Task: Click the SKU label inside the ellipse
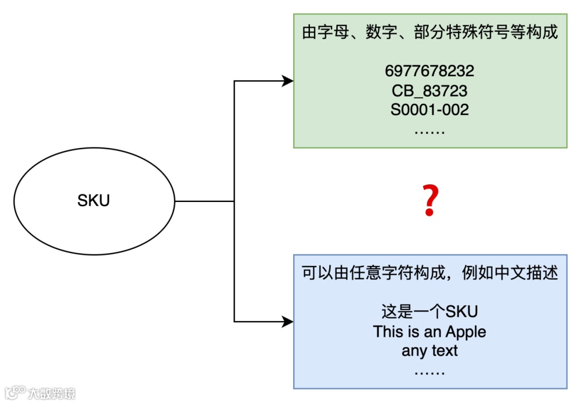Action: click(x=94, y=201)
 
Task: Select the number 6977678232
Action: click(x=430, y=71)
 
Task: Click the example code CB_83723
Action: click(x=430, y=90)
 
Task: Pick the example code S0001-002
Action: click(x=430, y=110)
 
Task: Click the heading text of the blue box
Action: click(x=430, y=273)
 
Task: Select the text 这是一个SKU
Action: click(x=430, y=312)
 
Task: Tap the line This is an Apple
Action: click(x=430, y=331)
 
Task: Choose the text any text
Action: click(x=430, y=351)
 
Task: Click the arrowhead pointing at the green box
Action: click(x=288, y=81)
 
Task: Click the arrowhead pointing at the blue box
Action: click(x=288, y=322)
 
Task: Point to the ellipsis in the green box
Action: click(x=430, y=131)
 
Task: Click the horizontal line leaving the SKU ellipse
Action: click(x=204, y=201)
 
